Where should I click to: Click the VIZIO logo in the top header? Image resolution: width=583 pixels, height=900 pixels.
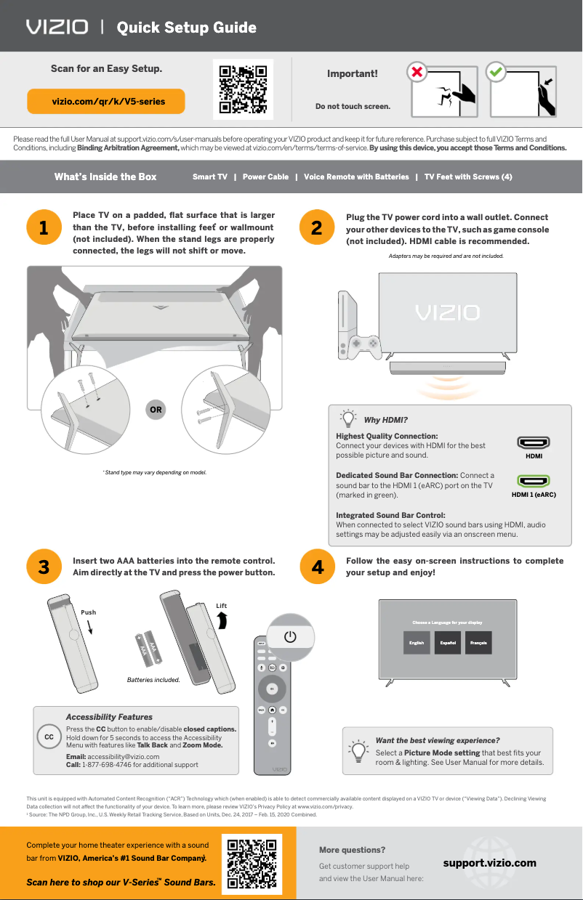click(x=57, y=28)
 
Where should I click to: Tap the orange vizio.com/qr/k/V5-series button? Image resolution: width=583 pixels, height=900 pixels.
click(x=106, y=102)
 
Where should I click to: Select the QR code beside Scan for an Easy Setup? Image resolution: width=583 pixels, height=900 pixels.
click(x=243, y=90)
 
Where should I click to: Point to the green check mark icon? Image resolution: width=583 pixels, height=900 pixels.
click(x=496, y=72)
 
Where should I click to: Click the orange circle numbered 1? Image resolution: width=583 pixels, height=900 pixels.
click(x=44, y=227)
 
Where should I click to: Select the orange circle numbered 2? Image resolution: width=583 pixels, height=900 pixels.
click(x=317, y=227)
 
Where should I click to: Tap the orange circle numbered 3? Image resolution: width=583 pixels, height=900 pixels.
click(x=44, y=567)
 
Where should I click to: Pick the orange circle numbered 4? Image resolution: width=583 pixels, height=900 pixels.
click(x=317, y=567)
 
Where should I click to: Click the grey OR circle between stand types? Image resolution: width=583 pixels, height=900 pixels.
click(x=156, y=410)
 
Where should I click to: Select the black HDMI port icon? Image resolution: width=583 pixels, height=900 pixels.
click(x=533, y=443)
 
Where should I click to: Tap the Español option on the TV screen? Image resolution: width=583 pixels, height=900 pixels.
click(x=448, y=643)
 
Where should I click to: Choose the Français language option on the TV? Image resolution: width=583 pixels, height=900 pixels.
click(x=478, y=643)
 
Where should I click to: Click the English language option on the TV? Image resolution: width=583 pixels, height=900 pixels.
click(x=417, y=643)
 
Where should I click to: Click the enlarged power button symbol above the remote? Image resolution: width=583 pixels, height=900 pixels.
click(x=290, y=636)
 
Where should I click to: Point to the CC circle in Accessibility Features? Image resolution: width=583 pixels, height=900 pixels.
click(x=49, y=737)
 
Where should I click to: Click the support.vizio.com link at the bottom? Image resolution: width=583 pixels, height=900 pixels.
click(x=489, y=863)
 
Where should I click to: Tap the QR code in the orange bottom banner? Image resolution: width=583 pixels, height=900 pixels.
click(x=252, y=864)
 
